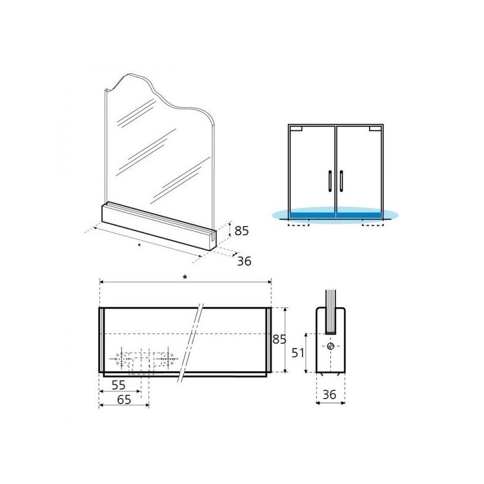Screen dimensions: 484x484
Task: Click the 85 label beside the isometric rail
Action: (241, 231)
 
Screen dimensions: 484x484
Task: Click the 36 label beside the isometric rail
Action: (244, 261)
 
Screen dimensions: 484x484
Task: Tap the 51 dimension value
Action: (298, 353)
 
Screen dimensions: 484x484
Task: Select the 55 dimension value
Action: (119, 385)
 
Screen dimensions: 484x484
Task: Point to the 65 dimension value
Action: (124, 400)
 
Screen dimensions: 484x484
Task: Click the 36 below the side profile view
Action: (329, 394)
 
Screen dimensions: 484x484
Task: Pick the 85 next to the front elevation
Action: (280, 339)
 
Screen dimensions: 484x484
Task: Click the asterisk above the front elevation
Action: (185, 277)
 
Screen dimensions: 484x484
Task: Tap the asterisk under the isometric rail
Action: (139, 245)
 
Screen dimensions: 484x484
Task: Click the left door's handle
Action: (330, 181)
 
